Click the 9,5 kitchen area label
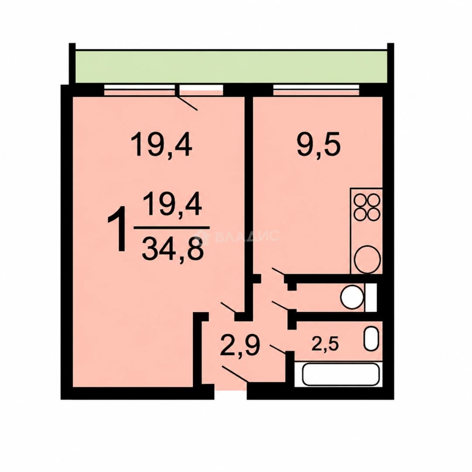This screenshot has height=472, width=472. pos(319,146)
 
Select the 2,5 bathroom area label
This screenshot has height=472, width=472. pos(325,344)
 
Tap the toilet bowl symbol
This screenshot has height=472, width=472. pos(351,298)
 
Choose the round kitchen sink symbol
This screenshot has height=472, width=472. pos(368,259)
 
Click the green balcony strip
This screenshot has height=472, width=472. pos(231,66)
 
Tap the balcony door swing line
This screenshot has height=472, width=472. pos(187,102)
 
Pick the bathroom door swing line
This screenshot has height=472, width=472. pos(278,349)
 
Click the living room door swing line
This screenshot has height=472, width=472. pos(229,307)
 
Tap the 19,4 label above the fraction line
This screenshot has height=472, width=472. pos(173,204)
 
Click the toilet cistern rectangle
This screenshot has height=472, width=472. pos(371,298)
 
